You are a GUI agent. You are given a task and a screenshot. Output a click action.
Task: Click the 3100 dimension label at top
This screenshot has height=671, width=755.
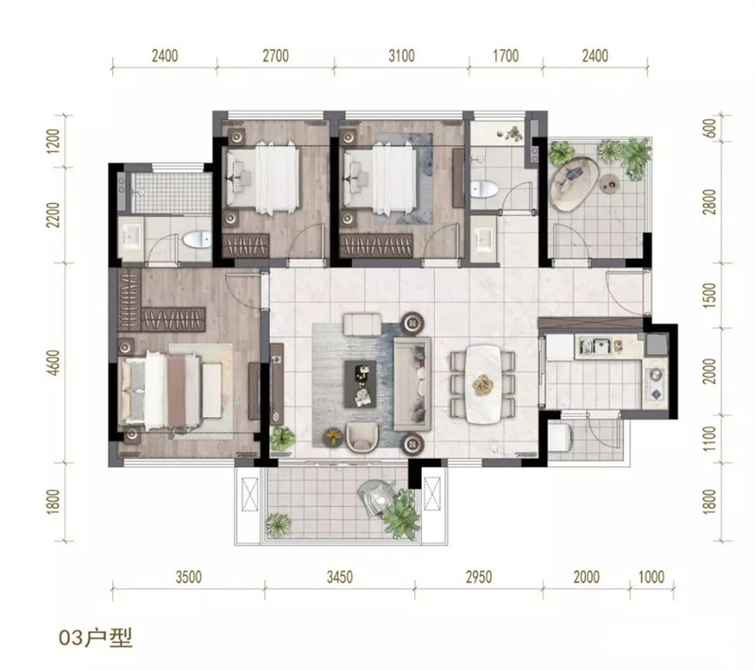point(402,56)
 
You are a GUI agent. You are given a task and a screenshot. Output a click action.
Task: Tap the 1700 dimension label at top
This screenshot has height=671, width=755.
point(506,56)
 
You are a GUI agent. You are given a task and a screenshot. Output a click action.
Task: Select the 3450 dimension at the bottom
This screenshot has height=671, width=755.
point(340,577)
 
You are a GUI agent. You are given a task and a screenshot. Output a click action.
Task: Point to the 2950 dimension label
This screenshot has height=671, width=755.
point(478,577)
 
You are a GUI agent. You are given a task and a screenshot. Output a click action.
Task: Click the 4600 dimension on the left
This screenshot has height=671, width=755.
point(54,362)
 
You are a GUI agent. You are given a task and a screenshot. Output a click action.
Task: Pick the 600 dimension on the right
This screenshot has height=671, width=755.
point(710,128)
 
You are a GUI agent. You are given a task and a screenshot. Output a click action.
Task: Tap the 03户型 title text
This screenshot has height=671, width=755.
point(95,638)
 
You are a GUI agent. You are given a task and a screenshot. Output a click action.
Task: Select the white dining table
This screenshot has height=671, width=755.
point(482,385)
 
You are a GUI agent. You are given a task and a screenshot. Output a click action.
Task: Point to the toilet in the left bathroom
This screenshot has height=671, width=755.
point(197,239)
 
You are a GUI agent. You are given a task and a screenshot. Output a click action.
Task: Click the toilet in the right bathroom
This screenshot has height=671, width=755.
point(484,189)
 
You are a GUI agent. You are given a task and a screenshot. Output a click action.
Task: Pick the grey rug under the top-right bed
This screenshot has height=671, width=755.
point(404,178)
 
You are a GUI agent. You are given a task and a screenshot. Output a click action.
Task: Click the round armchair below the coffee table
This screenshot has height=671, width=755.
point(362,437)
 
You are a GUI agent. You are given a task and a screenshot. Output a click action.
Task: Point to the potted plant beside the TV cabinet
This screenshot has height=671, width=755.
point(282,439)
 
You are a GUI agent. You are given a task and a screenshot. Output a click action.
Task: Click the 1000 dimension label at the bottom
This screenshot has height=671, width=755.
point(651,577)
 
